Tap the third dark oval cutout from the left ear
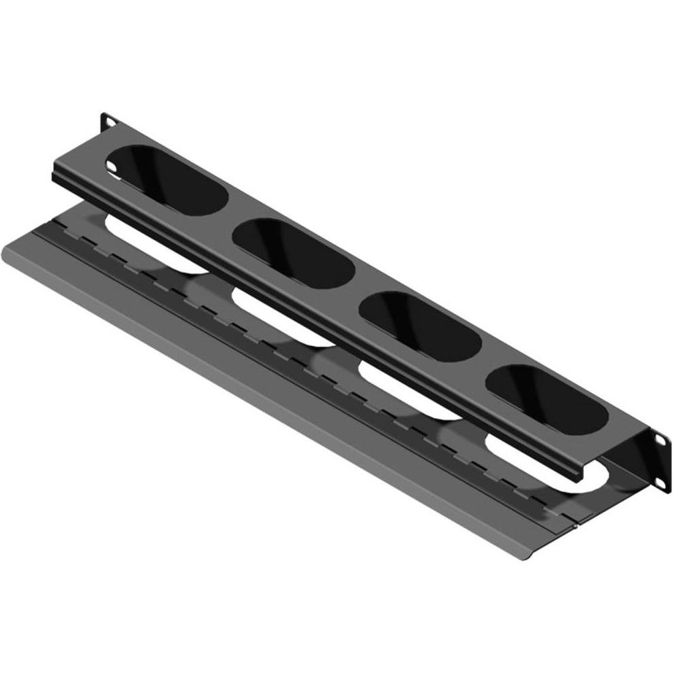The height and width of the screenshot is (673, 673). click(420, 326)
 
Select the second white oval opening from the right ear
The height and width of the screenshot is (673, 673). click(408, 393)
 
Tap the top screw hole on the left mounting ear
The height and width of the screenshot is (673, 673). click(108, 122)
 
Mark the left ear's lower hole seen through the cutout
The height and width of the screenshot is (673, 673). click(115, 165)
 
